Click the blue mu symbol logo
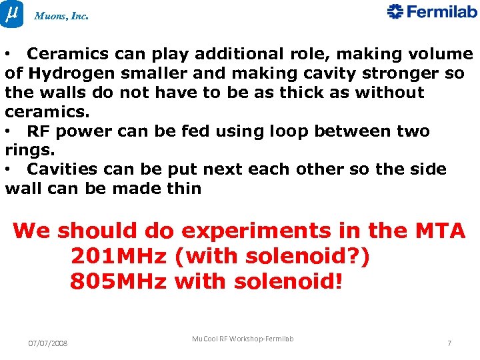pos(12,13)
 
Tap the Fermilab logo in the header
pos(432,12)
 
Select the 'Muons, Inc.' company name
pos(61,16)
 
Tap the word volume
pos(439,53)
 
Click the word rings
pos(24,150)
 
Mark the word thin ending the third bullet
pos(185,189)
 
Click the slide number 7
pos(449,343)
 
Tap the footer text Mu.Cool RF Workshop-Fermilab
pos(243,339)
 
